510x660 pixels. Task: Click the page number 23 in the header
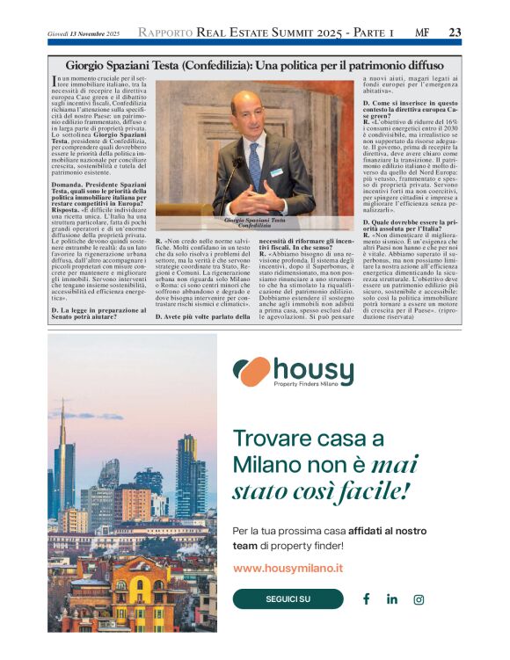click(455, 33)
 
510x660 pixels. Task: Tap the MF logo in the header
click(422, 33)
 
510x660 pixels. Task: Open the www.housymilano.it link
click(288, 569)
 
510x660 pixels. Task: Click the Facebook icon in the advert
click(366, 599)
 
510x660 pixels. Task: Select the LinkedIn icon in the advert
click(392, 599)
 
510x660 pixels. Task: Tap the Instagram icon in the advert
click(419, 599)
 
